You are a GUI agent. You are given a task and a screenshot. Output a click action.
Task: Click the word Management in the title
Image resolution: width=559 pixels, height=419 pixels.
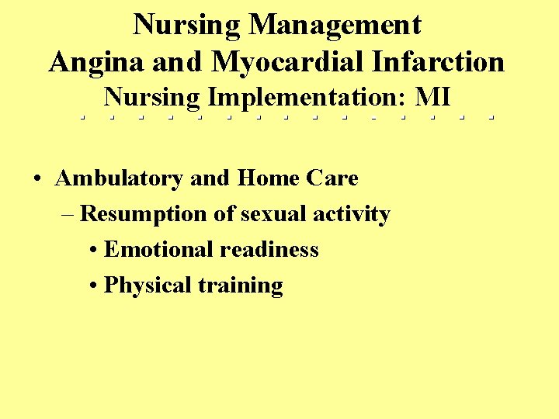point(335,26)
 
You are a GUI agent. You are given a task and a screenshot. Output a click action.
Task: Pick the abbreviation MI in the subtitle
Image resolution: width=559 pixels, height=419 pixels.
point(432,98)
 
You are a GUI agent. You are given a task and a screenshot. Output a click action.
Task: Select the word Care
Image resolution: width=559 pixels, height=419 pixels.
point(332,178)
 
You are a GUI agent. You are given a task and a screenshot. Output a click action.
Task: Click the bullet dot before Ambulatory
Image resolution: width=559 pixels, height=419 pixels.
point(37,179)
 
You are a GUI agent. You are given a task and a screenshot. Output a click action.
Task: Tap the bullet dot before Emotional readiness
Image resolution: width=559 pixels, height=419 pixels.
point(93,251)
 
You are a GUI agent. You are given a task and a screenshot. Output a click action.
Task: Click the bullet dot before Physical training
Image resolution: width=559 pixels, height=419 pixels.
point(93,286)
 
